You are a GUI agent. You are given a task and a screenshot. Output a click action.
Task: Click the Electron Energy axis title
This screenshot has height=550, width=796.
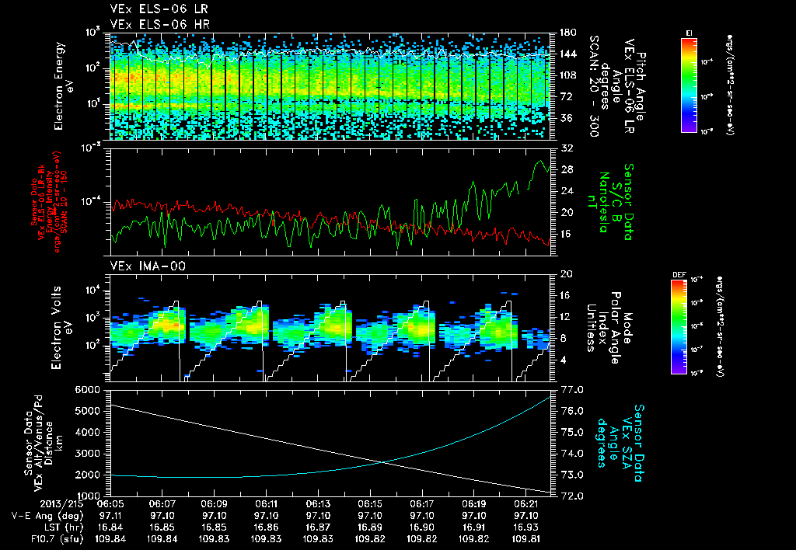(63, 85)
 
